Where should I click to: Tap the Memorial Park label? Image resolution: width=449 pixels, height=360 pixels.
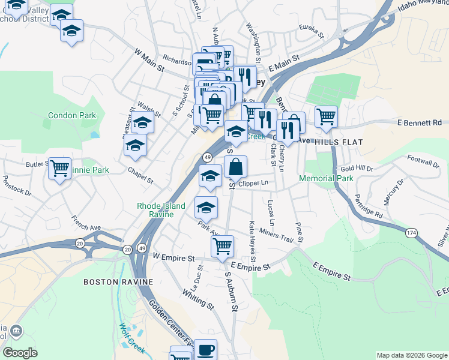327,178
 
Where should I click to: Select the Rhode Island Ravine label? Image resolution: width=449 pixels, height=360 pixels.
155,210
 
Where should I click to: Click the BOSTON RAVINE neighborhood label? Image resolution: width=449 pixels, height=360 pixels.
118,281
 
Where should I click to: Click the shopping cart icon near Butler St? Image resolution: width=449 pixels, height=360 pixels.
60,168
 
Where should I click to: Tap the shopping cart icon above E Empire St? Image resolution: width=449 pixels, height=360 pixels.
222,245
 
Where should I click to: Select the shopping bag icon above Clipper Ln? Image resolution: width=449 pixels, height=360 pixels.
237,166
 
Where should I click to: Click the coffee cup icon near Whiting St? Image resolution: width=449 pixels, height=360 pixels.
205,349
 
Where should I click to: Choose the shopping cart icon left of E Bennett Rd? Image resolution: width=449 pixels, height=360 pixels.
326,115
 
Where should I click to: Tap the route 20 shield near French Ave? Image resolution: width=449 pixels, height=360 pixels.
80,242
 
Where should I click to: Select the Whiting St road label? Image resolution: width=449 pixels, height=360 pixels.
199,298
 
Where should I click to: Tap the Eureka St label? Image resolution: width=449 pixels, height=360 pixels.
312,28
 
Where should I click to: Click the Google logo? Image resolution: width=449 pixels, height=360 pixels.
20,352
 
